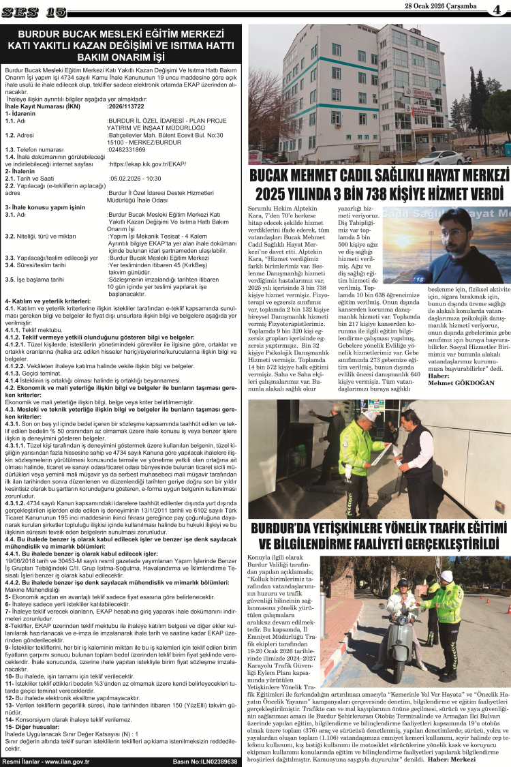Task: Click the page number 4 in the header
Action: (497, 11)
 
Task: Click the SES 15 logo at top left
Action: (34, 12)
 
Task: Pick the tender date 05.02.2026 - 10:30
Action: (135, 178)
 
